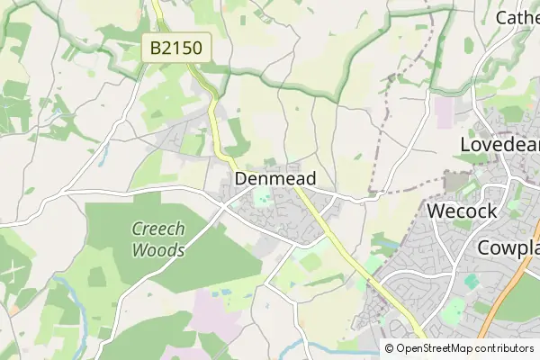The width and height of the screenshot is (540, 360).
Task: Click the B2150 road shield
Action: [175, 48]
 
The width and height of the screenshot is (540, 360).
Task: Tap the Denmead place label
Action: [274, 179]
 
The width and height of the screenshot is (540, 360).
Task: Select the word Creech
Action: [158, 229]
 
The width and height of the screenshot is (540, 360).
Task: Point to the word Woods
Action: [157, 249]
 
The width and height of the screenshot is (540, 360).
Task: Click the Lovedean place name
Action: [499, 145]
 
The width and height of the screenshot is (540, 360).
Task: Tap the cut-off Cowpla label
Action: [508, 247]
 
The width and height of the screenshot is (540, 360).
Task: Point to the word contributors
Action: [507, 348]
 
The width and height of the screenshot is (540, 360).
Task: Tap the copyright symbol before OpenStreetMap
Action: [389, 348]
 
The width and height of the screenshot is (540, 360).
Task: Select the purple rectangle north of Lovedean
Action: [445, 111]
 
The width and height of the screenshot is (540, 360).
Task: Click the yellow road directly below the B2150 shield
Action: [213, 94]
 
